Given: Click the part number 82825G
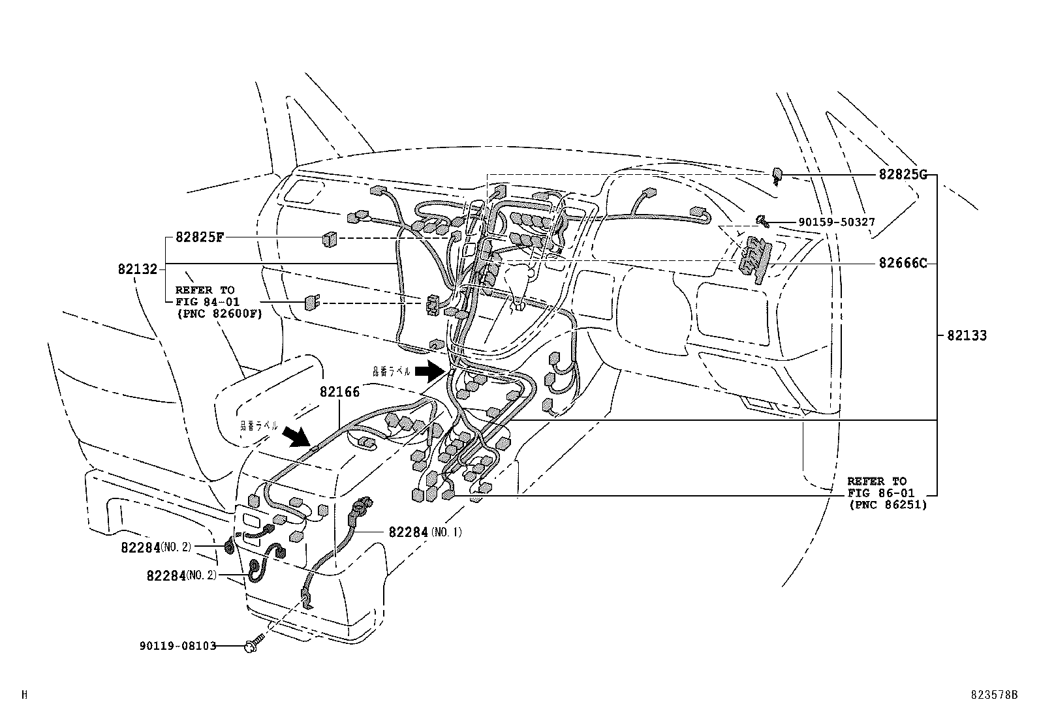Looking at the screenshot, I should click(903, 175).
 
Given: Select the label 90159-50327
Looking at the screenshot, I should click(836, 222).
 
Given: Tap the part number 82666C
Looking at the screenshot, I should click(903, 263).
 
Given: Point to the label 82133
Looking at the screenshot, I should click(967, 336).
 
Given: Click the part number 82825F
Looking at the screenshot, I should click(200, 237).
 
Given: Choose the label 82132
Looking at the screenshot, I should click(138, 269).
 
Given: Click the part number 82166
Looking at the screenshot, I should click(339, 392).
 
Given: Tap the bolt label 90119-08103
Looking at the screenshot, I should click(178, 646).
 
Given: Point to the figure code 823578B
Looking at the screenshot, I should click(993, 695).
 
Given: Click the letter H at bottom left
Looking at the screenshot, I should click(24, 695).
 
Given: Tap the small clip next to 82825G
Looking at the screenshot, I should click(777, 175).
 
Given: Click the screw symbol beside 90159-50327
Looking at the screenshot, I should click(762, 221).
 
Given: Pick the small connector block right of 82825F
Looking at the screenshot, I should click(328, 239).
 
